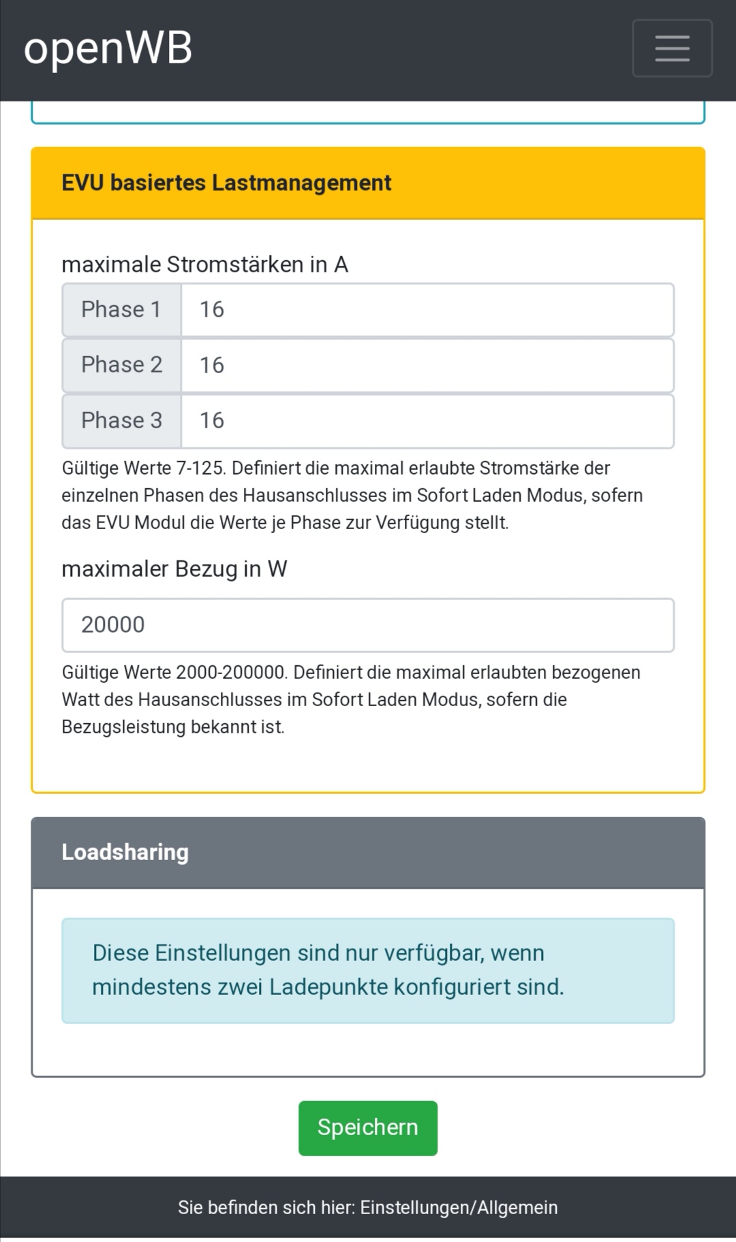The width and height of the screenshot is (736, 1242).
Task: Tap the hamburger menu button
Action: coord(672,48)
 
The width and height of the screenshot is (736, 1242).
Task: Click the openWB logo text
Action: coord(108,49)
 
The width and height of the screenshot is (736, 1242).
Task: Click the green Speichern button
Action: coord(367,1128)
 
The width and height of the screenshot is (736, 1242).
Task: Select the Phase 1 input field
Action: coord(427,310)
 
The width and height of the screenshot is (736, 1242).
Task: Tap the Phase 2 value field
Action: coord(427,366)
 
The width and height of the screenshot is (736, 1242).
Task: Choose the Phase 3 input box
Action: coord(427,421)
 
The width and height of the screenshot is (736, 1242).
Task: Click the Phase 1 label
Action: coord(121,310)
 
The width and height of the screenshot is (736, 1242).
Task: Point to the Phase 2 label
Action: coord(121,366)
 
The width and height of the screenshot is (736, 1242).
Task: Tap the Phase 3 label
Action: coord(121,421)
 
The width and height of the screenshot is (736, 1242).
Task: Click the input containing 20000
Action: coord(368,625)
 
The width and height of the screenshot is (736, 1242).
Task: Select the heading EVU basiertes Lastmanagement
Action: coord(226,183)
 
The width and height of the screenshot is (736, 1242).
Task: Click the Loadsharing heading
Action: coord(125,853)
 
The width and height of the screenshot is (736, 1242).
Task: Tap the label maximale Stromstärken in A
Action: coord(204,264)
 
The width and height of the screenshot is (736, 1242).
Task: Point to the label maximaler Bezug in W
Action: coord(174,569)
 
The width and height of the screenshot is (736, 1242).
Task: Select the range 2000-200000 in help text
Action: coord(230,673)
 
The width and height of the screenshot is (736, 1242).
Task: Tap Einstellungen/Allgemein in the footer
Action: coord(459,1207)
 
